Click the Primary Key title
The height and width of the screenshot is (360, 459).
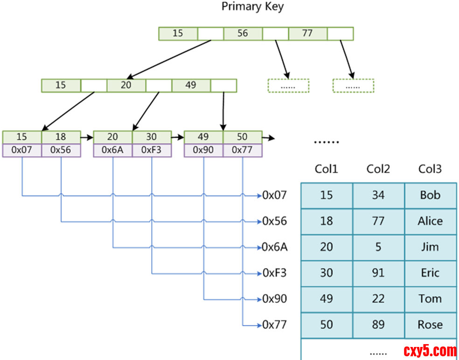coord(252,7)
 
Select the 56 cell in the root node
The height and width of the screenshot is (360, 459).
coord(243,34)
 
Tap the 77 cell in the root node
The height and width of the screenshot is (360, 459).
coord(307,34)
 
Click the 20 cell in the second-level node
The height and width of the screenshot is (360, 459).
coord(126,85)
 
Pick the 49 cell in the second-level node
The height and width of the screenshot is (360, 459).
coord(191,85)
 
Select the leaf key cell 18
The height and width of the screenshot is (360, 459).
coord(61,137)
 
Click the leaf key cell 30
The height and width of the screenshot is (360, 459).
coord(152,137)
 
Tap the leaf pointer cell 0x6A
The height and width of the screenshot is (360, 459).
coord(112,151)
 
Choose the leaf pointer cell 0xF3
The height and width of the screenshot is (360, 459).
coord(152,151)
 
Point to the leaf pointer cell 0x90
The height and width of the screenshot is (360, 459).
coord(203,151)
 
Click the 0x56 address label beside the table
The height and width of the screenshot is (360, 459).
coord(275,222)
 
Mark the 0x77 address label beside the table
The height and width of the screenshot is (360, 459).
coord(275,325)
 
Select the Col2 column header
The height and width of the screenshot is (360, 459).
coord(378,169)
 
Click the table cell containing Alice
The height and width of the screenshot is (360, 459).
coord(430,222)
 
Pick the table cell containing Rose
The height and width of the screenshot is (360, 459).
coord(430,325)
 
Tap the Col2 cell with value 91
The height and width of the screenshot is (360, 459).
coord(378,273)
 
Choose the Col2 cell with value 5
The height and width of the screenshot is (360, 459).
coord(378,247)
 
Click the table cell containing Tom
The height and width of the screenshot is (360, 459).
coord(430,299)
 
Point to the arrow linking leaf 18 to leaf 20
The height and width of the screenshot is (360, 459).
coord(87,138)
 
